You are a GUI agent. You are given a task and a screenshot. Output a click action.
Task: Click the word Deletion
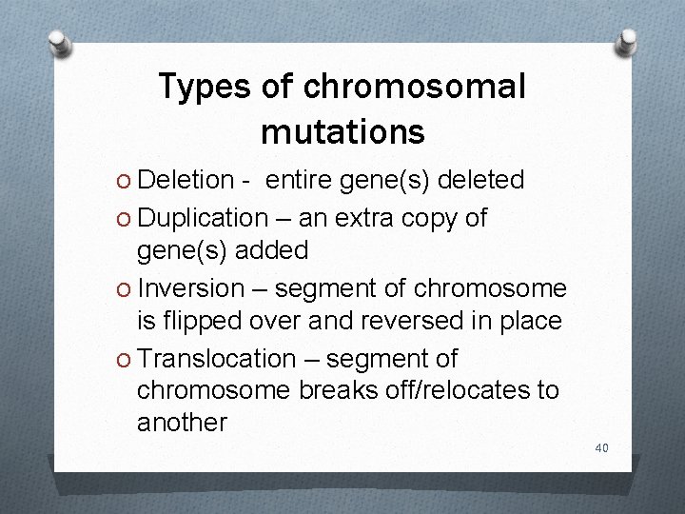pos(186,179)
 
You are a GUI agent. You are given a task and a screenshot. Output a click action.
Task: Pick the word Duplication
pos(203,218)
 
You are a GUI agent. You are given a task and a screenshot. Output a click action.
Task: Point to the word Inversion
pos(191,288)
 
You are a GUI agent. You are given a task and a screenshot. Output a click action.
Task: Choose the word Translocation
pos(216,359)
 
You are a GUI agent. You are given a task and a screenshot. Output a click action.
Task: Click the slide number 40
pos(601,447)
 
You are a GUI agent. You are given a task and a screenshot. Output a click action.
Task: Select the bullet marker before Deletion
pos(125,180)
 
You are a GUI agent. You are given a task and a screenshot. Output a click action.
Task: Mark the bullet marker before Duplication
pos(125,219)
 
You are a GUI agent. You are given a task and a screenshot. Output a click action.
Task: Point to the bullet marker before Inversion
pos(125,289)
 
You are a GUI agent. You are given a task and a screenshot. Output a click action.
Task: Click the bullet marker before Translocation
pos(125,360)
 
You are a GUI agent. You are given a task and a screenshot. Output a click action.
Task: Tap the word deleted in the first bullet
pos(482,179)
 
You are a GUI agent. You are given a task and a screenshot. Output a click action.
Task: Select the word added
pos(274,250)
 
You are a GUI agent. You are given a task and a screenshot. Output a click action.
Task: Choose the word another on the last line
pos(182,423)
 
